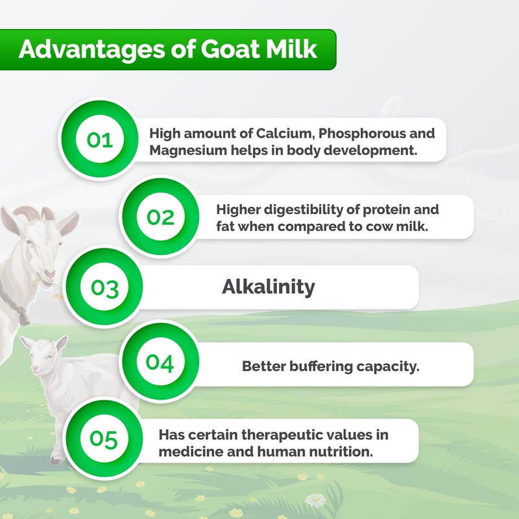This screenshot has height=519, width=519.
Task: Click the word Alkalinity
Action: click(x=268, y=287)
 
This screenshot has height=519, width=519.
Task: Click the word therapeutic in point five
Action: click(x=291, y=435)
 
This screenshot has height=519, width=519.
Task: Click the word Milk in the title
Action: click(x=294, y=50)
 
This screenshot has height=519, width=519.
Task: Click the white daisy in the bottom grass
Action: click(x=317, y=500)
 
